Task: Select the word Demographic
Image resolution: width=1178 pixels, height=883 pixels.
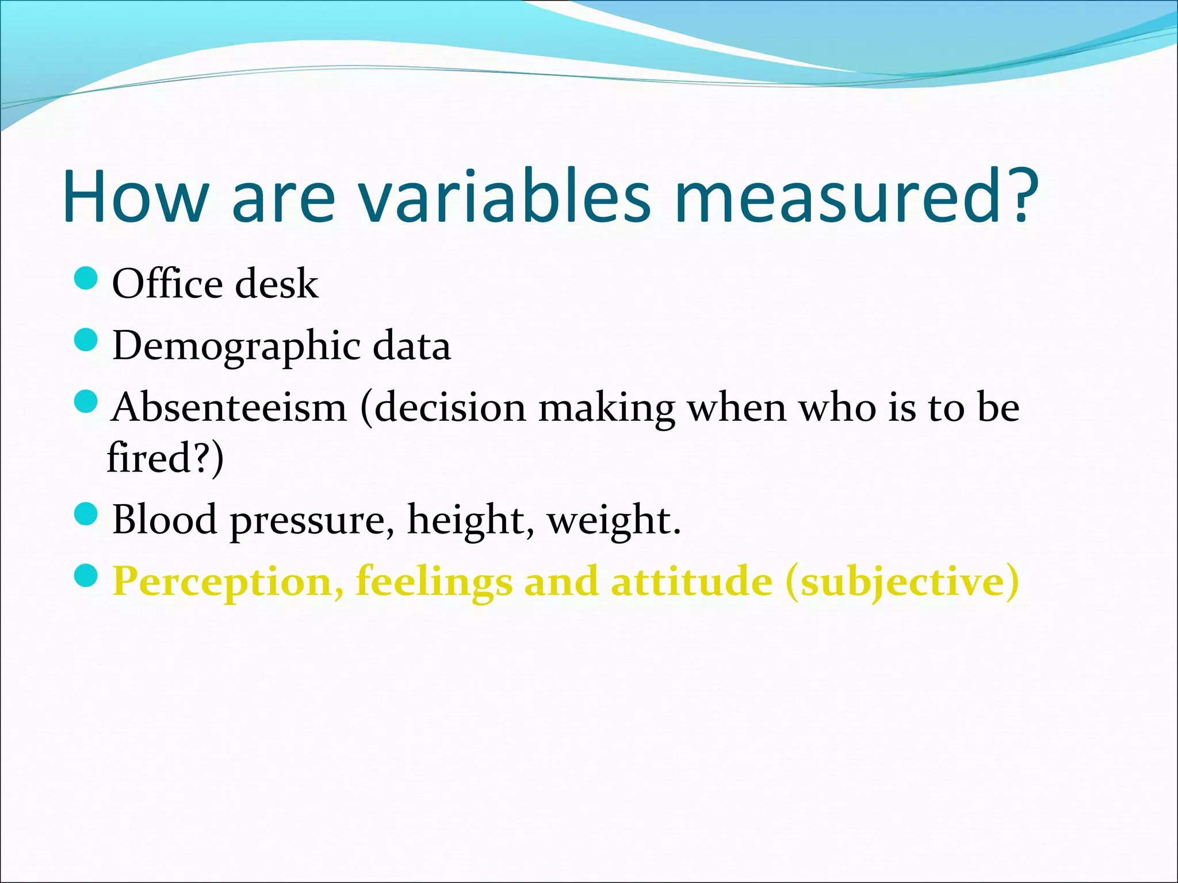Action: (x=236, y=346)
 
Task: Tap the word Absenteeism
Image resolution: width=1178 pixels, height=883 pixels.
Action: (x=229, y=408)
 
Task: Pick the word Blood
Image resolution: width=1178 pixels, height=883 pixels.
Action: (x=165, y=519)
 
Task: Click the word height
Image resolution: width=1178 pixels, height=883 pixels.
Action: (x=466, y=519)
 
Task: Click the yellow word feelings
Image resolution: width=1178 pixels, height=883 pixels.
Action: (x=434, y=582)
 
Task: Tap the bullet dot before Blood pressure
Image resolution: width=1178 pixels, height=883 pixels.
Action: (x=87, y=514)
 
